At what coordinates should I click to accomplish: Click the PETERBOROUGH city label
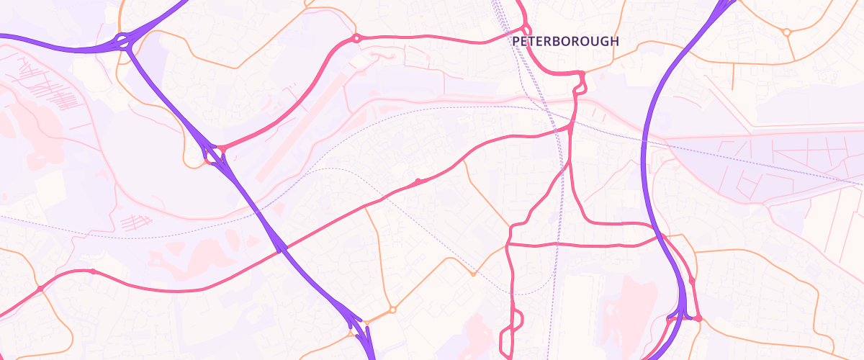pos(565,42)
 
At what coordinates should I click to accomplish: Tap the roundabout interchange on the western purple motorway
pos(123,41)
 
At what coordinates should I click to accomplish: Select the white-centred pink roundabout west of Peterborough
pos(355,38)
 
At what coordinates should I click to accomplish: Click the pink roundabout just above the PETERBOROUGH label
pos(526,30)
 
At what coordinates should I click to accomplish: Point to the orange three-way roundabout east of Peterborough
pos(787,32)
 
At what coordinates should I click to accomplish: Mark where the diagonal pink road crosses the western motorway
pos(279,249)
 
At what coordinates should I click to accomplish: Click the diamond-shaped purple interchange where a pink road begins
pos(213,154)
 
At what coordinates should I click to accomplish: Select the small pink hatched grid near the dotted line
pos(137,220)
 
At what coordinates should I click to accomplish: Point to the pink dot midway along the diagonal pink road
pos(418,181)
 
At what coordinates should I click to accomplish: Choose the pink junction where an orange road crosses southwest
pos(40,289)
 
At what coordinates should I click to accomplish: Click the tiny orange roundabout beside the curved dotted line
pos(473,274)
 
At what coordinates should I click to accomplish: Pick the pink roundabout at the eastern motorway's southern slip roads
pos(698,318)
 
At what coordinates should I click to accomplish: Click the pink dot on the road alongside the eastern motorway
pos(692,282)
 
